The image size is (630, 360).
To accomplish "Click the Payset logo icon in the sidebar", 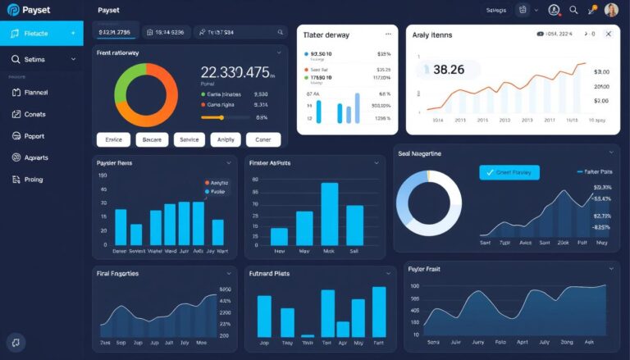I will click(13, 10).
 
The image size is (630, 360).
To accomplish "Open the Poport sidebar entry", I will click(34, 136).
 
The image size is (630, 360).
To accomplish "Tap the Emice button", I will click(113, 139).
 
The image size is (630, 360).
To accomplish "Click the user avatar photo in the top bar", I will click(611, 10).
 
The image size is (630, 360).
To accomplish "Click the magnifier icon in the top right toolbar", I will click(573, 10).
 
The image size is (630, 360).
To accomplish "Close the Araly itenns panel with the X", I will click(608, 34).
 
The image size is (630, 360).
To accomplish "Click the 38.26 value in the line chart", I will click(448, 71).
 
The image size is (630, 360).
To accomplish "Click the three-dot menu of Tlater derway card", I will click(388, 34).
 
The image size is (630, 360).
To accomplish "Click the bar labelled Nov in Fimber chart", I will click(279, 236).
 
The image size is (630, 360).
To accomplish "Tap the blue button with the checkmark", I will click(509, 172).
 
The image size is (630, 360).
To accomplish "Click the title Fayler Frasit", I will click(430, 270).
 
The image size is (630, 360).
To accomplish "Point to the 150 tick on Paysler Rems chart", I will click(103, 175).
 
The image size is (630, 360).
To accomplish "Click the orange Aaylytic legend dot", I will click(206, 183).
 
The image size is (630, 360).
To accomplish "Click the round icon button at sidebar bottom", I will click(15, 343).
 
